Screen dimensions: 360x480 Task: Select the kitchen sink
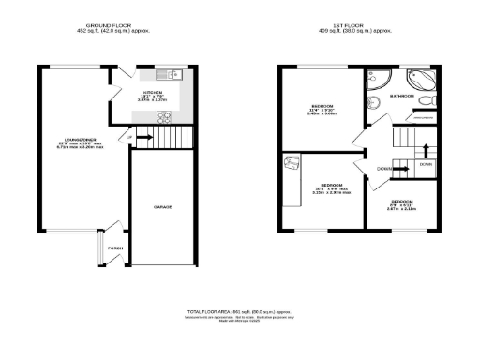tap(165, 74)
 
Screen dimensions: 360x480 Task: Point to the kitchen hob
tap(162, 117)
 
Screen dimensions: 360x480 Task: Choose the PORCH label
tap(114, 247)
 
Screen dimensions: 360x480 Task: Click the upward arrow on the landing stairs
tap(425, 149)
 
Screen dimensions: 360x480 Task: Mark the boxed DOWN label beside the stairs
tap(426, 164)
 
